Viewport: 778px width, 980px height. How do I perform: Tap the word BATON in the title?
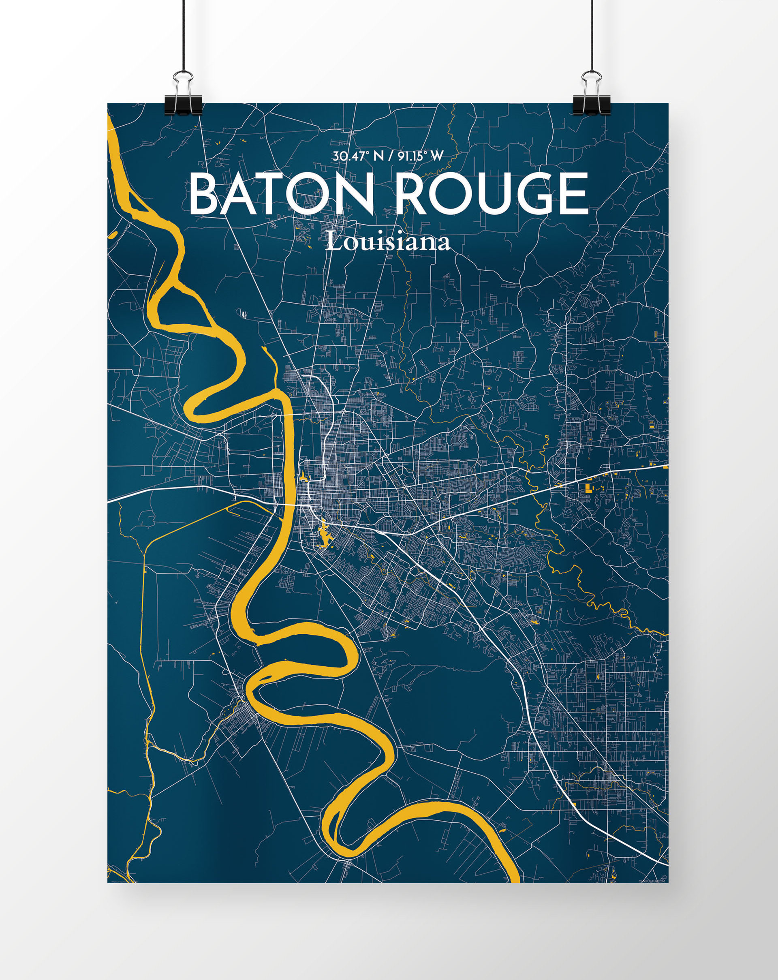281,194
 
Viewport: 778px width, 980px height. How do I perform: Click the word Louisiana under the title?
388,242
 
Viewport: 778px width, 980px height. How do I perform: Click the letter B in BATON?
203,194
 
